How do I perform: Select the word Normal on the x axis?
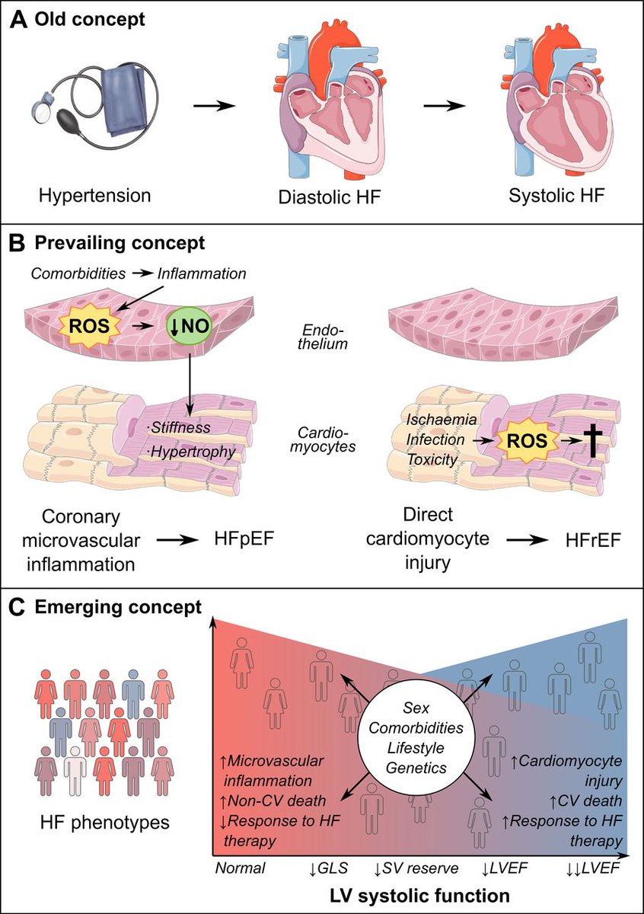[239, 867]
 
